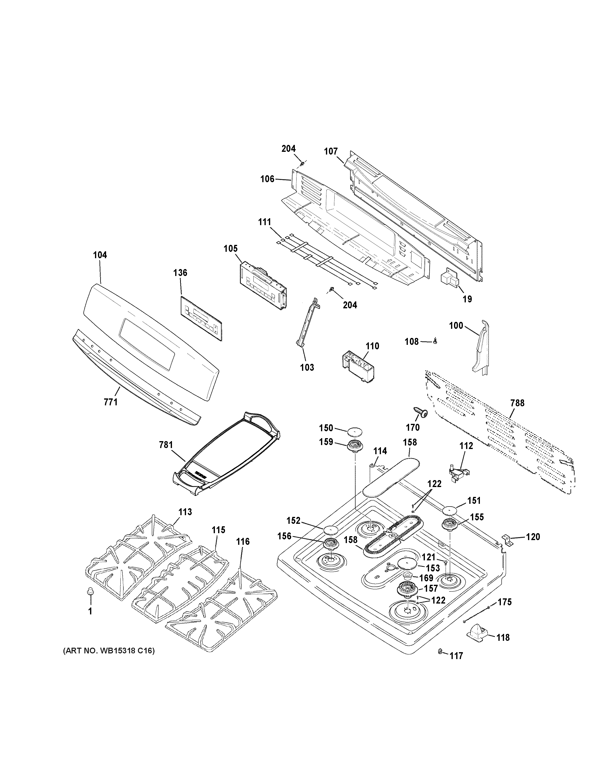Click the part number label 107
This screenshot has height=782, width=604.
click(331, 152)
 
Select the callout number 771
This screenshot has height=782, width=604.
click(111, 402)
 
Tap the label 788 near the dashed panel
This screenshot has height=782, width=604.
click(517, 403)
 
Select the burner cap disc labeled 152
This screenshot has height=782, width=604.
click(331, 530)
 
